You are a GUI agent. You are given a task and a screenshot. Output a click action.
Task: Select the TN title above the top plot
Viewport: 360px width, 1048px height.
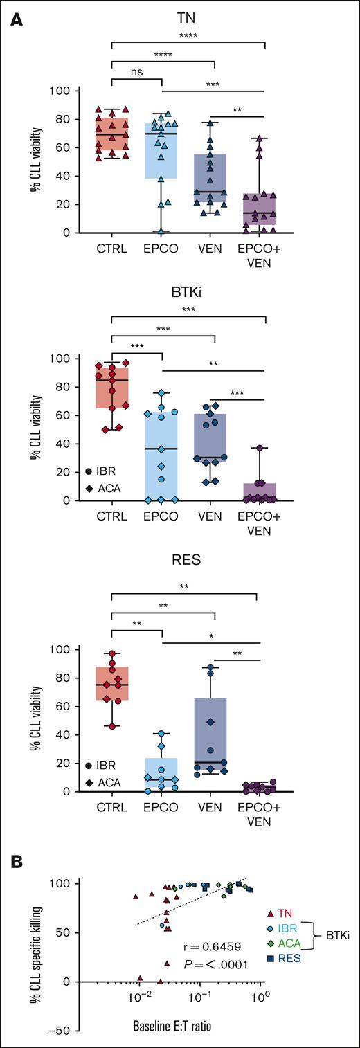[188, 21]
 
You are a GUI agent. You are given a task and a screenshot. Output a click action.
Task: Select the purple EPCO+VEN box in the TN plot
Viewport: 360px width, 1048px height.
[265, 208]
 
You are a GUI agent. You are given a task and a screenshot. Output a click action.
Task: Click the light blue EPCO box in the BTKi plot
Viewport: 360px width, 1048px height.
[162, 457]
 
